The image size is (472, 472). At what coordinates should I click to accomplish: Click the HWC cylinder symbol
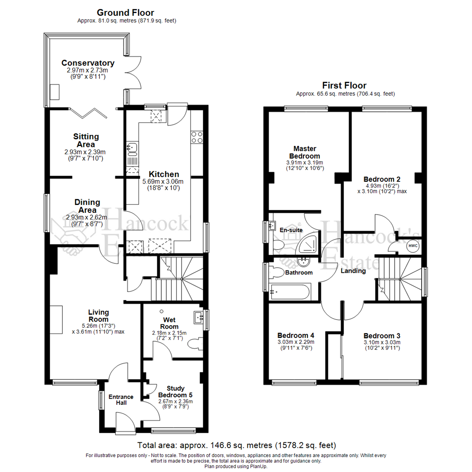(413, 246)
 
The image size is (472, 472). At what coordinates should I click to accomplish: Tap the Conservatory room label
(88, 63)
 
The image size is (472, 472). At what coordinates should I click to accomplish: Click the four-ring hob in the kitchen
(197, 137)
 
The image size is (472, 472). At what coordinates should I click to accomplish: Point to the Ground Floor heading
(125, 13)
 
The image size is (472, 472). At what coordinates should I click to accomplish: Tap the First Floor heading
(344, 85)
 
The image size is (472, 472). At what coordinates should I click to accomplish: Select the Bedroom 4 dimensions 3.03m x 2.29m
(295, 342)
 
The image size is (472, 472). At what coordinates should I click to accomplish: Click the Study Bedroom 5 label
(175, 392)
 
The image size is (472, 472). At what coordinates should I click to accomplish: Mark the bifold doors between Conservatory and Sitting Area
(90, 113)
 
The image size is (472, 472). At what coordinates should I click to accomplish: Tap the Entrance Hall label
(121, 399)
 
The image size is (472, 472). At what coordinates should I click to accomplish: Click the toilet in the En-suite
(278, 244)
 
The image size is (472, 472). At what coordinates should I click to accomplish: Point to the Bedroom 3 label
(382, 336)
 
